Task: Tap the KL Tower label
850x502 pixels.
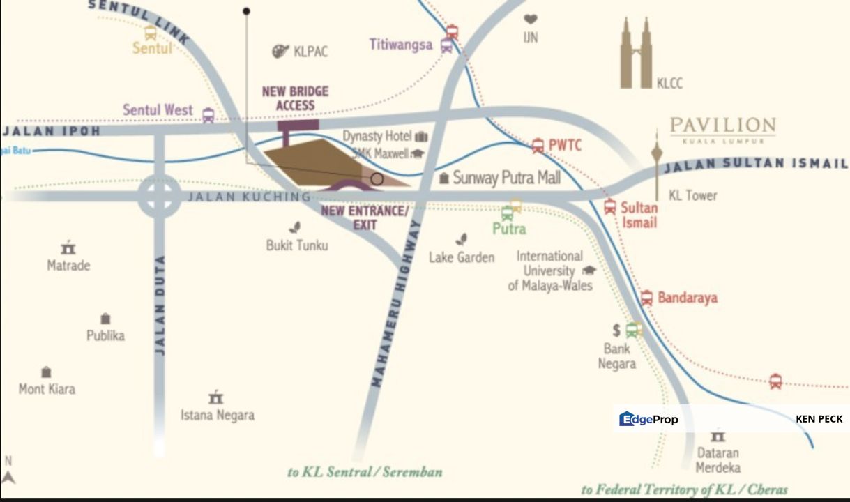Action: pos(692,195)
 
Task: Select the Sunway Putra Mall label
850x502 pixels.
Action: pos(506,178)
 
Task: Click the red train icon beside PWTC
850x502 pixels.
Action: pos(538,146)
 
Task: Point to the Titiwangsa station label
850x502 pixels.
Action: pos(401,45)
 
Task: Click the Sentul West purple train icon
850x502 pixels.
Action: pos(208,115)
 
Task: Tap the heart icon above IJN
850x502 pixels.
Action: pos(531,20)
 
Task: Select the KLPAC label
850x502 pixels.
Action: pos(310,52)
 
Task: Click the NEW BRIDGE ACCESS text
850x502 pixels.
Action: pos(295,98)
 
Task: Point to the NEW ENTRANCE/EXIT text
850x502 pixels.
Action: pos(364,218)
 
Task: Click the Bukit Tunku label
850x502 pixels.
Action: pos(297,245)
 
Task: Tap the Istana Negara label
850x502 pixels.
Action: pos(218,415)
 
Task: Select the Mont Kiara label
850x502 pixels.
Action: pos(47,389)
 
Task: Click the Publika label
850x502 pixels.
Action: pos(105,335)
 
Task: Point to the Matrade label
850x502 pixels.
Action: pos(68,265)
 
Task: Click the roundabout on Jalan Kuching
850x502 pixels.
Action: pos(159,196)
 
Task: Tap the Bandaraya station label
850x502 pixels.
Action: pos(687,298)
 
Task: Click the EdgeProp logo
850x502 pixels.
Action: pos(648,419)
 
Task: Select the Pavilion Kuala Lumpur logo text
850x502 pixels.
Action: pos(722,128)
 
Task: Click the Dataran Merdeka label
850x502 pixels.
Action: pos(718,460)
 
